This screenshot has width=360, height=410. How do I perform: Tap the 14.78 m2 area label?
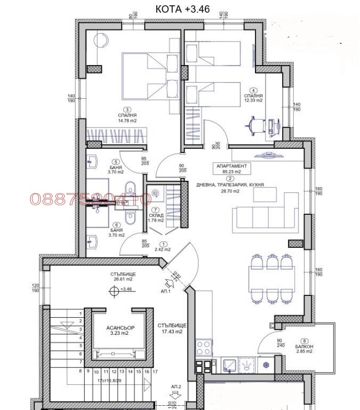click(127, 120)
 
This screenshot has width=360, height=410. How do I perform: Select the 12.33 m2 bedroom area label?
click(254, 100)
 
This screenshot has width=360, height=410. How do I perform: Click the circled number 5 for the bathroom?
click(114, 162)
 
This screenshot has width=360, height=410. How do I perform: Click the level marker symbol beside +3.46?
click(113, 290)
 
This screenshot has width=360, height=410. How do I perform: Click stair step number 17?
click(154, 372)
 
